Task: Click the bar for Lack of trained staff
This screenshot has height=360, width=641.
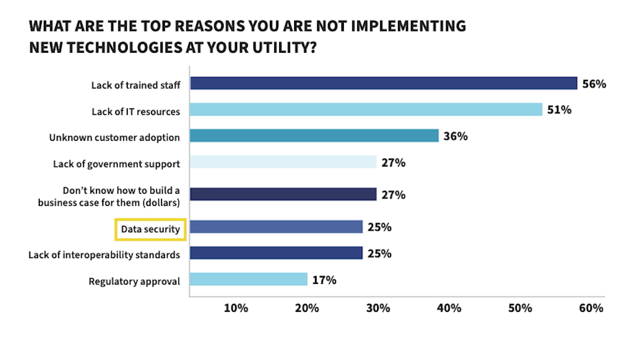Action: [384, 83]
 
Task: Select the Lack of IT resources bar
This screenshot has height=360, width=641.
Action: [366, 109]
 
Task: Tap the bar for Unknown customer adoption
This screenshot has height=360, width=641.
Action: [315, 136]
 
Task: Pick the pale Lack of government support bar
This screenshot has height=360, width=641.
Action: [283, 162]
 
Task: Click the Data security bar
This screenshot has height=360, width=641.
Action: [276, 227]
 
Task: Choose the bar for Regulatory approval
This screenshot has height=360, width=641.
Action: [249, 279]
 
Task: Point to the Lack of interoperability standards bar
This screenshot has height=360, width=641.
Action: [276, 253]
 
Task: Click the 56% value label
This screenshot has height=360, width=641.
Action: [594, 84]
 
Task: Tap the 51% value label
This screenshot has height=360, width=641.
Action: [560, 110]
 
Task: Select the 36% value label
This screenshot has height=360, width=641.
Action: [456, 136]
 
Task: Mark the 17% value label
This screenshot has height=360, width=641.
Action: [324, 280]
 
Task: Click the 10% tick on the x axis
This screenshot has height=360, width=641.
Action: [236, 308]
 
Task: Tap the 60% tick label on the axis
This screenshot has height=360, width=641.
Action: [591, 308]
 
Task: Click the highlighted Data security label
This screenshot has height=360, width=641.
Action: [151, 229]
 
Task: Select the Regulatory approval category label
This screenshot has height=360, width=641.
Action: [134, 281]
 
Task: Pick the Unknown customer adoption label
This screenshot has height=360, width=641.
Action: [114, 138]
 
